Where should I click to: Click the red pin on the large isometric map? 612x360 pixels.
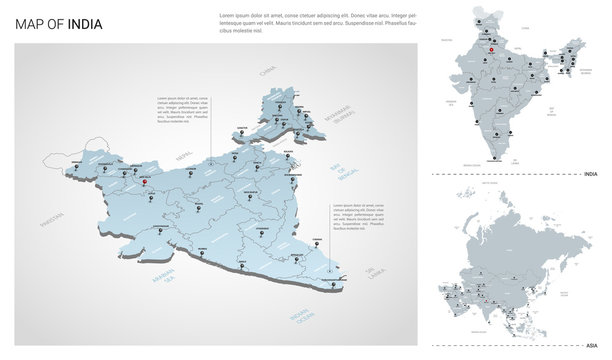click(150, 179)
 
